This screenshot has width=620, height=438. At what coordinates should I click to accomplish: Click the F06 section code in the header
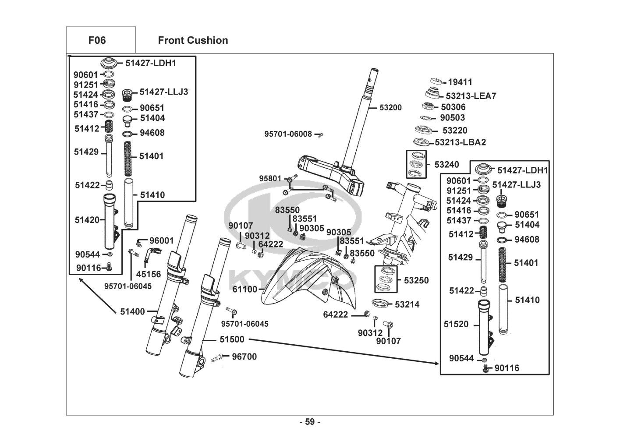[97, 40]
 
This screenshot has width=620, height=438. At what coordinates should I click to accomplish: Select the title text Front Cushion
[193, 40]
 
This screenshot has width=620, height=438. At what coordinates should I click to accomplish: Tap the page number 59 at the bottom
[310, 422]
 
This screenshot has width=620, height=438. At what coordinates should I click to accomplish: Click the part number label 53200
[390, 107]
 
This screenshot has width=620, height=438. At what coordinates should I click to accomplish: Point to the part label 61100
[245, 290]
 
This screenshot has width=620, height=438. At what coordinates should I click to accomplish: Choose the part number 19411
[460, 82]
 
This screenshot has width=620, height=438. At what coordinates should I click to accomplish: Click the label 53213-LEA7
[471, 96]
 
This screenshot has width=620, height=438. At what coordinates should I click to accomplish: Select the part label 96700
[244, 357]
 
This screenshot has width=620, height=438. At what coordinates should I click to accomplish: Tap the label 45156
[149, 275]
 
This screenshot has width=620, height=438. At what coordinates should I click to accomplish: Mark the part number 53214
[407, 304]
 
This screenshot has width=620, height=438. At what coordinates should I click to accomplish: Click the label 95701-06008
[288, 134]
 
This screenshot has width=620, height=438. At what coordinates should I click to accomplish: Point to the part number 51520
[456, 324]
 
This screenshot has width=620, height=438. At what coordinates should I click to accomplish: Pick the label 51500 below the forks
[232, 339]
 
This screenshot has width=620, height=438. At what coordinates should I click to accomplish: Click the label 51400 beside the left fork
[132, 311]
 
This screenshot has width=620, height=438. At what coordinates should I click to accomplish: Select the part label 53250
[416, 280]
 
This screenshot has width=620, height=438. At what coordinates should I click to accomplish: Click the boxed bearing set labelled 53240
[417, 165]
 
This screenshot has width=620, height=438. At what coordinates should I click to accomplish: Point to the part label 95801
[270, 179]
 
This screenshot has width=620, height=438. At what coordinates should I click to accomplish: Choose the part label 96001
[161, 240]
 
